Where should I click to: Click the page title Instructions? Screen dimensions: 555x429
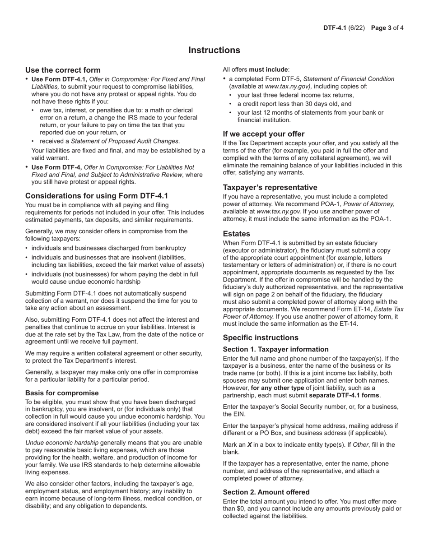click(x=214, y=50)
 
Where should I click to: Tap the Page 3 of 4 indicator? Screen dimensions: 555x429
click(x=387, y=28)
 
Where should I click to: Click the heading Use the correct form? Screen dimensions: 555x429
click(x=63, y=70)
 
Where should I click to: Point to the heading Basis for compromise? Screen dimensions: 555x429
click(x=62, y=393)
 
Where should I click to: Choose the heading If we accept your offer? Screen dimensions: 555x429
click(x=263, y=134)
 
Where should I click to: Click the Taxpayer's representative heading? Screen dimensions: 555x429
click(x=270, y=187)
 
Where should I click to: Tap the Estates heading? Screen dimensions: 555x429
click(x=236, y=234)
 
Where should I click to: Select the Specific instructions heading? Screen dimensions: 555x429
click(x=261, y=338)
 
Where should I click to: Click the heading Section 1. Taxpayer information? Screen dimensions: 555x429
click(x=275, y=349)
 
